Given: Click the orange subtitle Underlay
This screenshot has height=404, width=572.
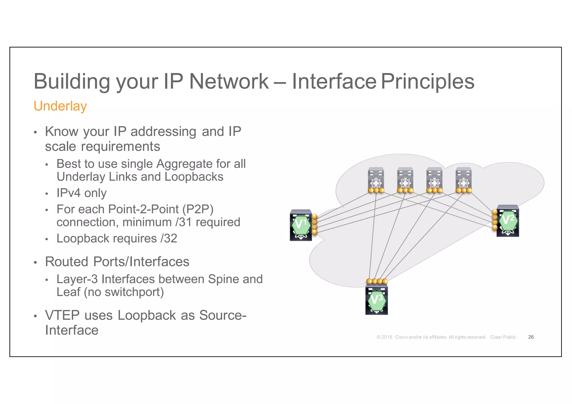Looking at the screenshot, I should point(60,106).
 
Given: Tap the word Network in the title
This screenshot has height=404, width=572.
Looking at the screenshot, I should point(229,81).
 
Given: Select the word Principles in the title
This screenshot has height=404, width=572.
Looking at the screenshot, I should point(427,82).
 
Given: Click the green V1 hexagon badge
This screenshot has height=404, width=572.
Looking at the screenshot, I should point(301,225).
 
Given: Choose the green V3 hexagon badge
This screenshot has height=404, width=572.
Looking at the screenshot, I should point(377,301).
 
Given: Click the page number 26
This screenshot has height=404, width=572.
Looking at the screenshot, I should point(531,337).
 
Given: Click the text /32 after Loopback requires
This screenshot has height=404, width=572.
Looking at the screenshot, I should point(169,239).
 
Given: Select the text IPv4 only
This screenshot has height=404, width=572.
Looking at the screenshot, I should point(82,193).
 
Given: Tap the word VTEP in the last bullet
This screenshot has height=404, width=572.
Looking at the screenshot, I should point(62,315).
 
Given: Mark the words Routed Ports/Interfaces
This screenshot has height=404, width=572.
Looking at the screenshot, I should point(117,262).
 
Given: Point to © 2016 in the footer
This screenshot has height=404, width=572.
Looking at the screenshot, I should point(385,337).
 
